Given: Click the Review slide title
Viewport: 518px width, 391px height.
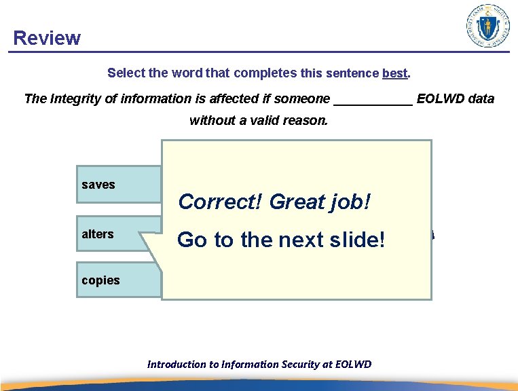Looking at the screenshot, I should point(47,38).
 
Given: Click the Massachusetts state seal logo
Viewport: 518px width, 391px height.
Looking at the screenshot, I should point(487,26).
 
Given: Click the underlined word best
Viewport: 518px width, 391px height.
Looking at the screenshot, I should point(395,73).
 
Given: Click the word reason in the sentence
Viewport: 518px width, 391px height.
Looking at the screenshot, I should point(306,122).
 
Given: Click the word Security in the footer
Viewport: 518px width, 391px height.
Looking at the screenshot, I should point(297,365).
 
